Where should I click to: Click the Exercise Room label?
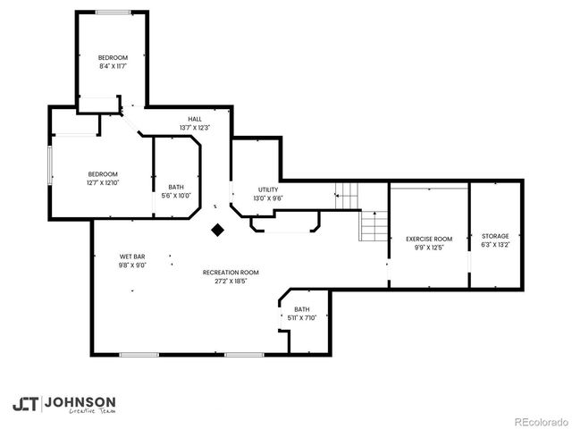click(x=429, y=239)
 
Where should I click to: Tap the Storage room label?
click(x=495, y=236)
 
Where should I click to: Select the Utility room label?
click(x=268, y=189)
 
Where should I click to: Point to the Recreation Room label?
click(x=231, y=272)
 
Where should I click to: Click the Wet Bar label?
click(x=132, y=256)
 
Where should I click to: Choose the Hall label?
click(x=194, y=119)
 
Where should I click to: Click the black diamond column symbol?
click(x=217, y=230)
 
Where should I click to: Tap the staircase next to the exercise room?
click(x=373, y=226)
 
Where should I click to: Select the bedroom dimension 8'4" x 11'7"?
click(x=114, y=66)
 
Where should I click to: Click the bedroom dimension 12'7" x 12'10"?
click(x=103, y=182)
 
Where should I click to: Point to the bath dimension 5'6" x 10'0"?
click(x=176, y=195)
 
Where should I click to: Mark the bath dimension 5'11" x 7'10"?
click(x=301, y=317)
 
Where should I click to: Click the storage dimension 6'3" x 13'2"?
click(x=495, y=244)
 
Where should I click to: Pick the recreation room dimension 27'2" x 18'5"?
click(x=231, y=281)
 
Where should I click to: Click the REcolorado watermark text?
click(x=539, y=421)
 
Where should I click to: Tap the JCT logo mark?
click(x=25, y=404)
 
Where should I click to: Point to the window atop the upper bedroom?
click(x=111, y=12)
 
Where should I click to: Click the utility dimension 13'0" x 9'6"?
click(x=268, y=198)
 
